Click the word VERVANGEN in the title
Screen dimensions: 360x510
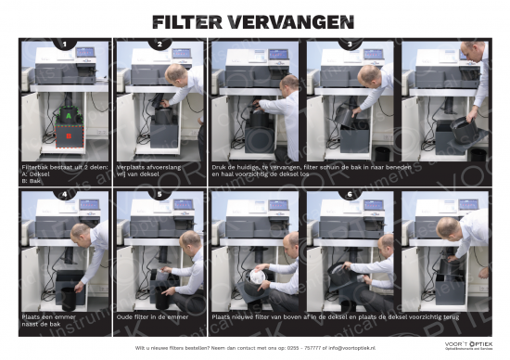(x=296, y=21)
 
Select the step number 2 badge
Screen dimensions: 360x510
(x=159, y=44)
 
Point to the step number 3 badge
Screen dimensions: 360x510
(x=350, y=44)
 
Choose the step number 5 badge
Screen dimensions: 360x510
(x=159, y=195)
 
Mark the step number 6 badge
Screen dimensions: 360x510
(x=350, y=195)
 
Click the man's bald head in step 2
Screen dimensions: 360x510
(x=177, y=71)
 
